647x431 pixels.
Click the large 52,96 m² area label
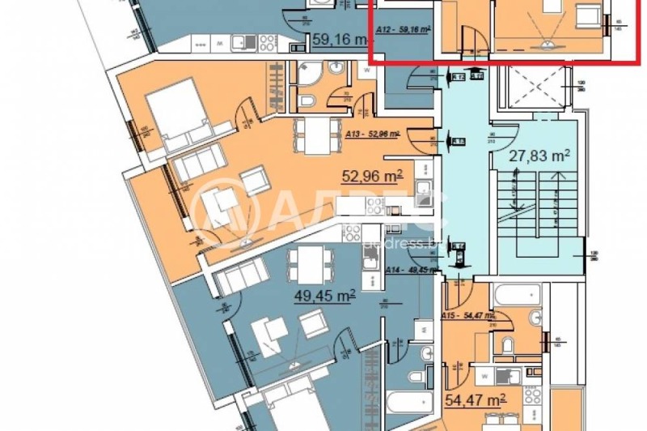coord(372,177)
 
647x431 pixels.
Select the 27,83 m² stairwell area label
coord(539,156)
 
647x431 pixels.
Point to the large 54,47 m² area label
coord(475,399)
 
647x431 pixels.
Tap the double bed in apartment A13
coord(175,114)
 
